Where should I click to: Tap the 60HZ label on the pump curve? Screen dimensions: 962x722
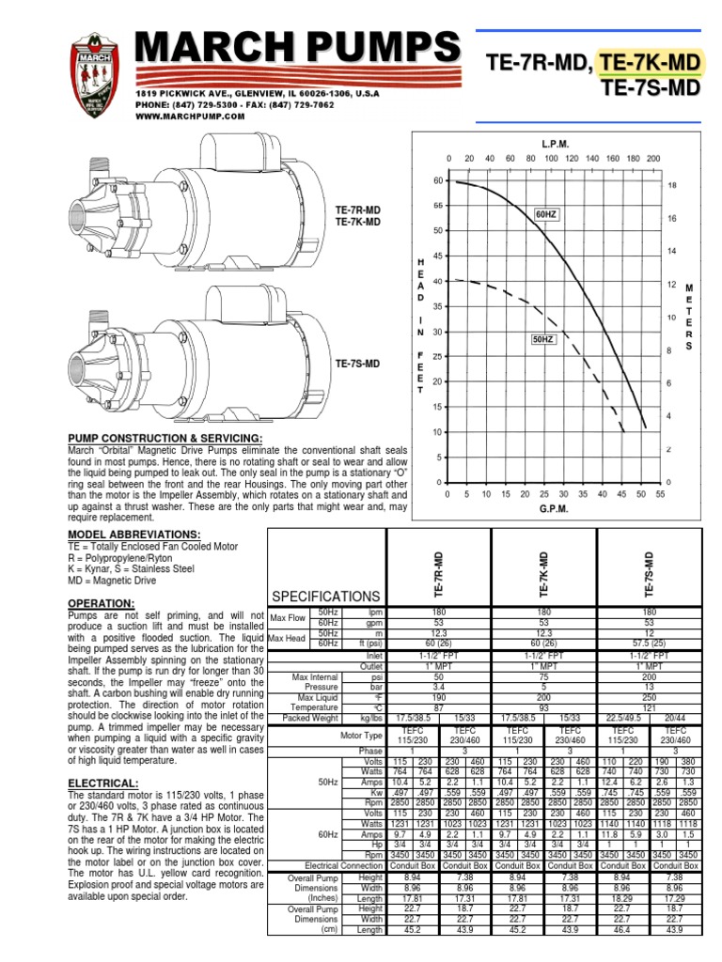(x=546, y=215)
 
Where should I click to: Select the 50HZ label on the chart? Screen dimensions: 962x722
(x=543, y=338)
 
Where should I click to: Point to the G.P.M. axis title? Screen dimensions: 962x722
(x=555, y=510)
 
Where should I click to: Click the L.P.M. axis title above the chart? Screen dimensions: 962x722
(x=555, y=144)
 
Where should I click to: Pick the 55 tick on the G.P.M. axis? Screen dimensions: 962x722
(x=660, y=493)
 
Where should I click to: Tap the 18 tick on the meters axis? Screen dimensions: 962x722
(x=672, y=186)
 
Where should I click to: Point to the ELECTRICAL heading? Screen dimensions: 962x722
(x=103, y=783)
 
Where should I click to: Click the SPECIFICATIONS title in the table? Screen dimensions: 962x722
(x=324, y=597)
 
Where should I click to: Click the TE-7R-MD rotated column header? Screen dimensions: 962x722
(x=439, y=576)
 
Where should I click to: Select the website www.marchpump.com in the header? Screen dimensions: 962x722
(x=190, y=117)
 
